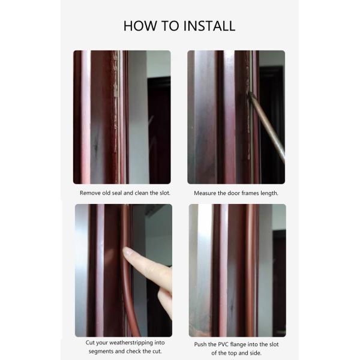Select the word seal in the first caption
117,193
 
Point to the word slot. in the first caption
164,193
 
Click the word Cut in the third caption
90,343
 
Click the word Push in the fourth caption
200,344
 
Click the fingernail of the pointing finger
127,251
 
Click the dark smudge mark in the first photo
97,146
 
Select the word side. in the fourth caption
255,353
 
